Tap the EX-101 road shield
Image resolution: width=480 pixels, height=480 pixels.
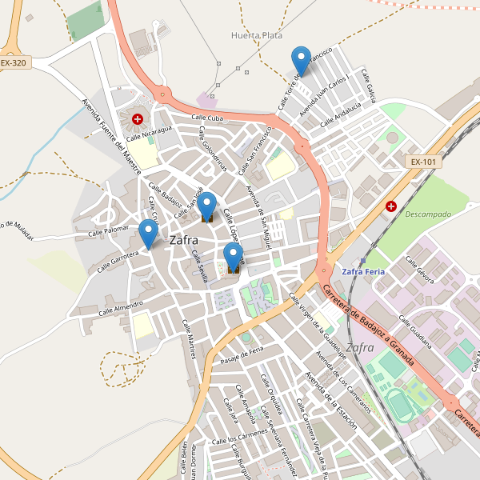pos(423,162)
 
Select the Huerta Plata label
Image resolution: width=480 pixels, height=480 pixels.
pos(256,35)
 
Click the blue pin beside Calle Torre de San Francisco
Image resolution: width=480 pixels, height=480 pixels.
pos(301,60)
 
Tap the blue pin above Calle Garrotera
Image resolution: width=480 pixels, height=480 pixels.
pos(148,233)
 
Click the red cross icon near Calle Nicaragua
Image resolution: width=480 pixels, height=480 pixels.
pos(138,119)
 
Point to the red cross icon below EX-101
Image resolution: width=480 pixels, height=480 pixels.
pos(391,206)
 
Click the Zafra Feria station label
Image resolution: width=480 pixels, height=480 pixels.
pos(363,272)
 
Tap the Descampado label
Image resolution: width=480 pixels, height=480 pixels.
pos(428,214)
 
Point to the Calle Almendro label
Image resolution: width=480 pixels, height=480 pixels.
pos(122,307)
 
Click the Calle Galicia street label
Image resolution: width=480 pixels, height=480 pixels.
pos(369,85)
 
